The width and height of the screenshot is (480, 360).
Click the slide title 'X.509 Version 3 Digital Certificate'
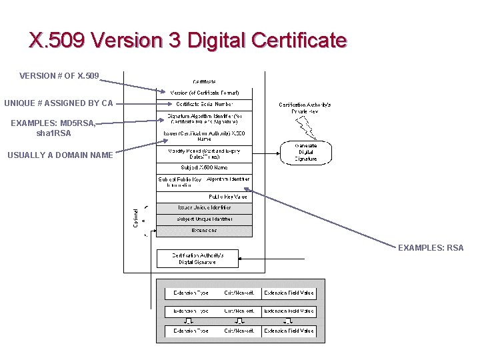(x=188, y=41)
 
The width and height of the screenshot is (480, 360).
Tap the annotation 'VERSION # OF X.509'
(x=59, y=76)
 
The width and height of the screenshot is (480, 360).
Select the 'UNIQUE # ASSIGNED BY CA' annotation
(x=59, y=103)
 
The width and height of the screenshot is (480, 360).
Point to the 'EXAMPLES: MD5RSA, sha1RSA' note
(x=54, y=128)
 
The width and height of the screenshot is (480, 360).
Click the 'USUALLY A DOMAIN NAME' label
(x=60, y=156)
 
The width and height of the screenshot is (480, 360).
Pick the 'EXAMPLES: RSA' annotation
(x=431, y=248)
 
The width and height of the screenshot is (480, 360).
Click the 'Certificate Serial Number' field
(x=204, y=104)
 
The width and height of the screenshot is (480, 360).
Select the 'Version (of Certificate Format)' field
(x=204, y=93)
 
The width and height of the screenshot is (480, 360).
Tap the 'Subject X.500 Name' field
(x=204, y=167)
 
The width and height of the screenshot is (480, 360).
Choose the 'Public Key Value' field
(x=227, y=197)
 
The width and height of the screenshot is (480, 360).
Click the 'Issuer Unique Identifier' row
(x=204, y=208)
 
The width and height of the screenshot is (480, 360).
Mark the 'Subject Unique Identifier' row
(x=204, y=219)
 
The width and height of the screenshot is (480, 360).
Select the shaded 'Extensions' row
(x=204, y=231)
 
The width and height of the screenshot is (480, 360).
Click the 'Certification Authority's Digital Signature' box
(x=197, y=259)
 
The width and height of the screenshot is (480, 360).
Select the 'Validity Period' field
(x=204, y=153)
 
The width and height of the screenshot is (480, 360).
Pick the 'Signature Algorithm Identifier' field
(x=204, y=119)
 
